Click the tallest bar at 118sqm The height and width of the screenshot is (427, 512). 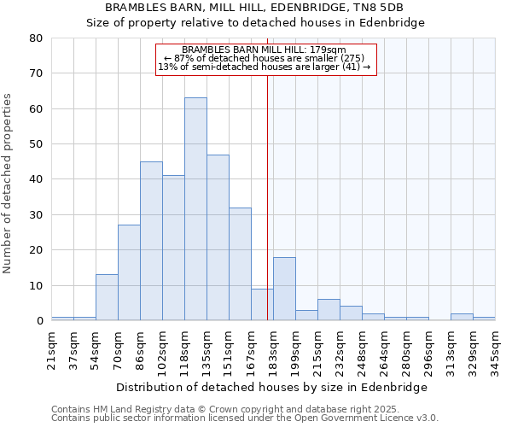195,209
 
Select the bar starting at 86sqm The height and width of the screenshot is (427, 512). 151,241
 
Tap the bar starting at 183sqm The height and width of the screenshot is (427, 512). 284,289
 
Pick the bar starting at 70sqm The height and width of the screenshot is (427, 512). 129,272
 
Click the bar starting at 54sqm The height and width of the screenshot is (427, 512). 107,297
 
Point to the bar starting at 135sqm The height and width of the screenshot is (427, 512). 218,237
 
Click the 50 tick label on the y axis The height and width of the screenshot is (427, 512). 36,144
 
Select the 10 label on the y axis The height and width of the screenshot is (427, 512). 36,285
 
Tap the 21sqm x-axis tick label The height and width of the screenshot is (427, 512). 51,348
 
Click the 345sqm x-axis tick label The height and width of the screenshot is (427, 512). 495,348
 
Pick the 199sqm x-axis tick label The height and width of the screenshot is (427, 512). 295,348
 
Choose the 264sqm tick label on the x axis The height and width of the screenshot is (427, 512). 384,348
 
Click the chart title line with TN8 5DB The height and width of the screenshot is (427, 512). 255,8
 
